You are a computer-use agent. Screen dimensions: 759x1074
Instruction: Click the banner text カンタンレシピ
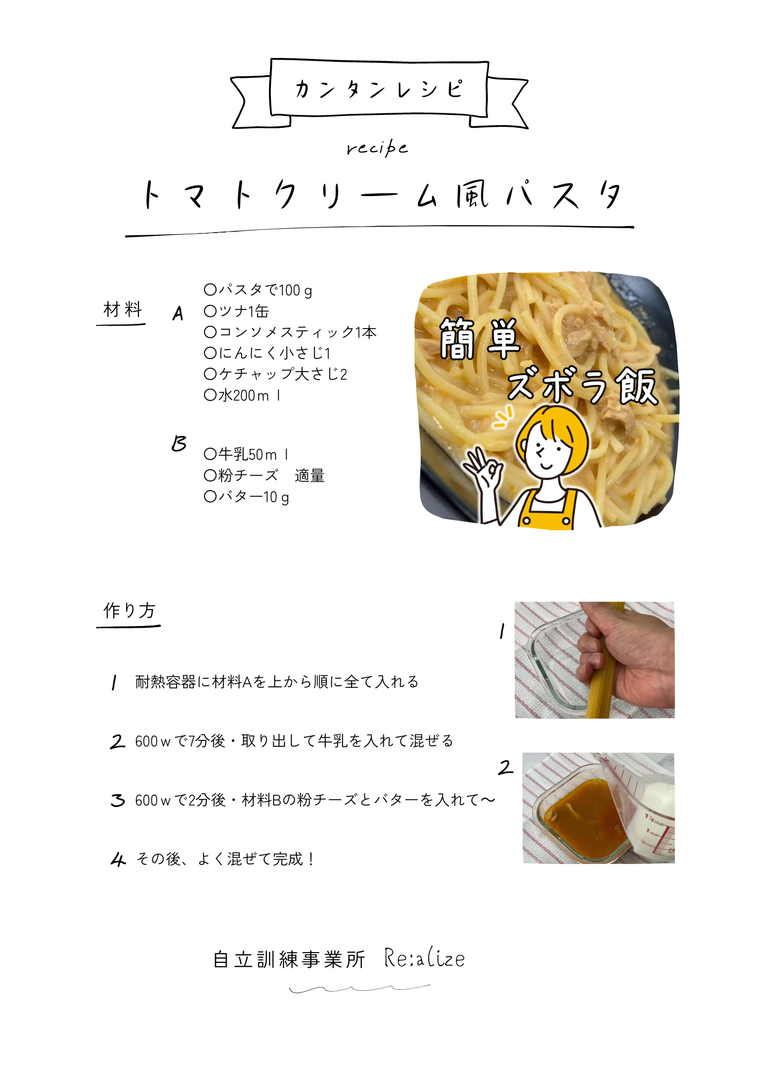(378, 89)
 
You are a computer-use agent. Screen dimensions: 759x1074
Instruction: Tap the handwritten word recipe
(377, 148)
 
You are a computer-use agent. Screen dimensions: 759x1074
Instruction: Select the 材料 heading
(122, 309)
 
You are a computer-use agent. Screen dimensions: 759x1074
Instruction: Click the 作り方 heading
(129, 611)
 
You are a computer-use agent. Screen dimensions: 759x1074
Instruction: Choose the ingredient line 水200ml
(242, 395)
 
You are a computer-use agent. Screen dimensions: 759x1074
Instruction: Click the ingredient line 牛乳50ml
(246, 454)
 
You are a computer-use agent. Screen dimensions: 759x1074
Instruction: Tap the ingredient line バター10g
(246, 497)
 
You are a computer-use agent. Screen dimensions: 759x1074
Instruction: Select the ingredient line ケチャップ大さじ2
(275, 374)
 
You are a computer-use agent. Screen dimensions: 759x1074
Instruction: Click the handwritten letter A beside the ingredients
(178, 313)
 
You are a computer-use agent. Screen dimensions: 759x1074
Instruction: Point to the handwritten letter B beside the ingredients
(179, 444)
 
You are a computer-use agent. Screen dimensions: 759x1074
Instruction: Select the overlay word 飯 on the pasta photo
(637, 386)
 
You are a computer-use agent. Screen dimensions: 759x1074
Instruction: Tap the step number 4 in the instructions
(118, 859)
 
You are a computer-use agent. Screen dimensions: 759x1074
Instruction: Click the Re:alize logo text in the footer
(425, 959)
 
